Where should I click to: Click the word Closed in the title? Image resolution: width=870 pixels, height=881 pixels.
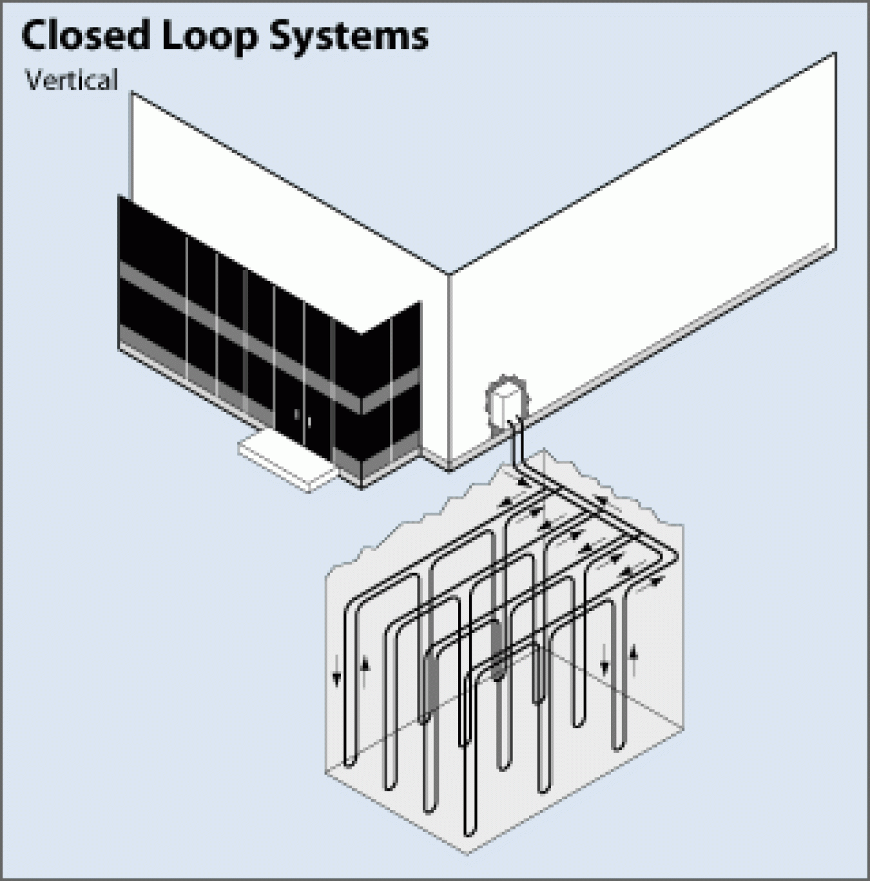(x=85, y=35)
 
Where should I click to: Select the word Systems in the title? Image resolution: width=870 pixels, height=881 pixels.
(x=349, y=37)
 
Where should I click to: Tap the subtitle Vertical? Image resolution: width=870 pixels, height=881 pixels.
(x=72, y=81)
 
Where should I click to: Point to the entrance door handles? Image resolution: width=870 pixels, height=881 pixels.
(x=303, y=418)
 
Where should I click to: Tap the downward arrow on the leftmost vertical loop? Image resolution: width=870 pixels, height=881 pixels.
(x=336, y=677)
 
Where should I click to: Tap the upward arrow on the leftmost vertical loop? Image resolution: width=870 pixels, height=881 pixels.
(x=365, y=664)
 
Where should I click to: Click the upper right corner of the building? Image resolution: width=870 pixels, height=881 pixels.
(x=835, y=54)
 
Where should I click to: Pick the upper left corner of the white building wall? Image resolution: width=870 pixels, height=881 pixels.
(x=133, y=93)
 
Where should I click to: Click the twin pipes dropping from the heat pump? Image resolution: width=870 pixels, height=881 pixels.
(x=517, y=445)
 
